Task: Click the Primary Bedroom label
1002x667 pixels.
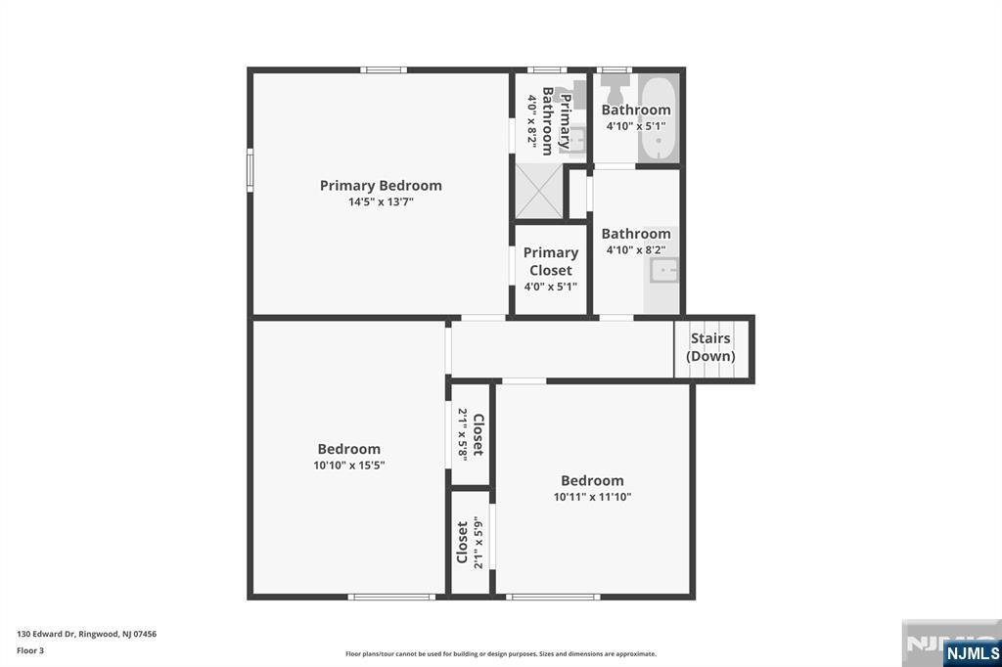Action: (381, 185)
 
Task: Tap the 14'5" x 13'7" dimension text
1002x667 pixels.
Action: (381, 202)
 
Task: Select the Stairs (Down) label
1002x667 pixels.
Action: (710, 347)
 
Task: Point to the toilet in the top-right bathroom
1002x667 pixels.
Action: (615, 92)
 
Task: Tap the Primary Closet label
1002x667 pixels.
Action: (551, 261)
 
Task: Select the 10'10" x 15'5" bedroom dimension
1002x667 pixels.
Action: (349, 466)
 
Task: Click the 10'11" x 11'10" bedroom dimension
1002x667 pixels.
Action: (592, 497)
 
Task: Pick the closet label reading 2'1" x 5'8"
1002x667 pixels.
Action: (470, 434)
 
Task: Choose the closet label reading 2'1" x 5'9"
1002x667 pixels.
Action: (470, 542)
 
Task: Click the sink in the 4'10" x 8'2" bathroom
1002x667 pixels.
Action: (664, 270)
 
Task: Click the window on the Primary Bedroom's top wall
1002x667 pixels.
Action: (384, 69)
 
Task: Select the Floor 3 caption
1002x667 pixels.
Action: (30, 650)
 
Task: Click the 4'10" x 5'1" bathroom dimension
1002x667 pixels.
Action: (636, 126)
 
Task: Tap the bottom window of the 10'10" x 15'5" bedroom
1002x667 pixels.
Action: (391, 597)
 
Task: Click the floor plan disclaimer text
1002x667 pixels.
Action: (500, 654)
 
